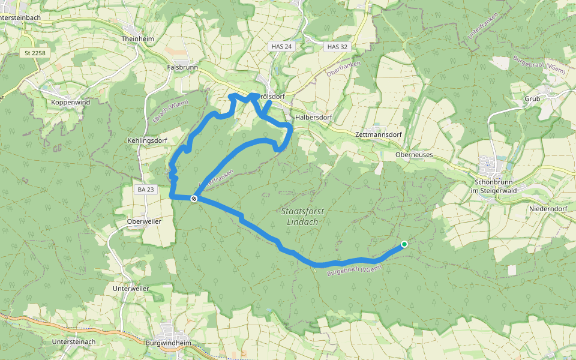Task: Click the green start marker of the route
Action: pyautogui.click(x=404, y=244)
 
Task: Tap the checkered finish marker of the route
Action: pyautogui.click(x=194, y=199)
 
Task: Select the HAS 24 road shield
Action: pyautogui.click(x=281, y=46)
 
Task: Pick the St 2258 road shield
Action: pyautogui.click(x=35, y=53)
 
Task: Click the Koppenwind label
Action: pyautogui.click(x=70, y=103)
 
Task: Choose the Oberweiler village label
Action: pyautogui.click(x=144, y=221)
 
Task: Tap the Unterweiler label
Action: pyautogui.click(x=131, y=289)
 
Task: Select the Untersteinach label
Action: pyautogui.click(x=74, y=341)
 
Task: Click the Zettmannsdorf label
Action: pyautogui.click(x=378, y=135)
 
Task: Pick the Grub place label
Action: pyautogui.click(x=532, y=98)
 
